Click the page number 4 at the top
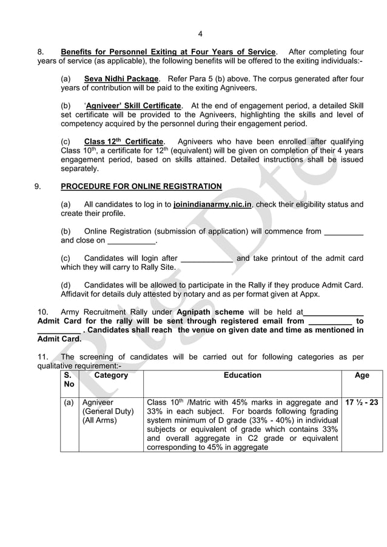pos(200,33)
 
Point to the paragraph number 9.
pos(38,186)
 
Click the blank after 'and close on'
pos(127,241)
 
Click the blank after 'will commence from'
pos(344,231)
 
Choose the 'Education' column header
pos(242,375)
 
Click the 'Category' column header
pos(111,375)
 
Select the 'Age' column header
pos(362,375)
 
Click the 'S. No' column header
pos(69,380)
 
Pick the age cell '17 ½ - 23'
pos(362,402)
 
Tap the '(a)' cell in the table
pos(69,402)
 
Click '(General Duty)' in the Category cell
pos(107,411)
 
